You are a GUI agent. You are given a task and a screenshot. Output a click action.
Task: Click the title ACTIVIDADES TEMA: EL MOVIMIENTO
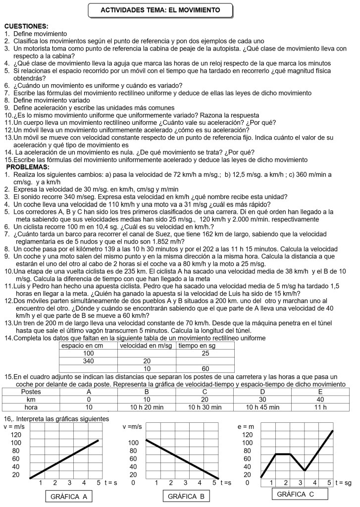click(160, 10)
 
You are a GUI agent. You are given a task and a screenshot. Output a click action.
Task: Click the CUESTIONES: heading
click(26, 26)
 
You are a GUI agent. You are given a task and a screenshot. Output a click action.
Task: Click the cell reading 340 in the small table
click(88, 361)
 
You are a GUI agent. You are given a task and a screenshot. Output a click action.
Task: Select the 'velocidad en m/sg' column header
click(147, 345)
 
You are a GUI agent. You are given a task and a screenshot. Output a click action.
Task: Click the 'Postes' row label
click(31, 391)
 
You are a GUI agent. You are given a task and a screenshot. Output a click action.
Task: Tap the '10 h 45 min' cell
click(262, 407)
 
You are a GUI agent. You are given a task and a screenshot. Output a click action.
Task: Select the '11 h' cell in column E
click(320, 407)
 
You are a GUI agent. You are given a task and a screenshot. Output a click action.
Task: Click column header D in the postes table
click(262, 391)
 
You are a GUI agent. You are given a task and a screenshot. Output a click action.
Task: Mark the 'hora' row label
click(31, 407)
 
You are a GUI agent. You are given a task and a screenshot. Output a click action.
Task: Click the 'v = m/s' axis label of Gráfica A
click(14, 426)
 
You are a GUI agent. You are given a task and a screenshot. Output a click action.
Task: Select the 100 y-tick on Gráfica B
click(133, 443)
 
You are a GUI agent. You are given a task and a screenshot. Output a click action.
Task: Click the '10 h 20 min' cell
click(147, 407)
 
